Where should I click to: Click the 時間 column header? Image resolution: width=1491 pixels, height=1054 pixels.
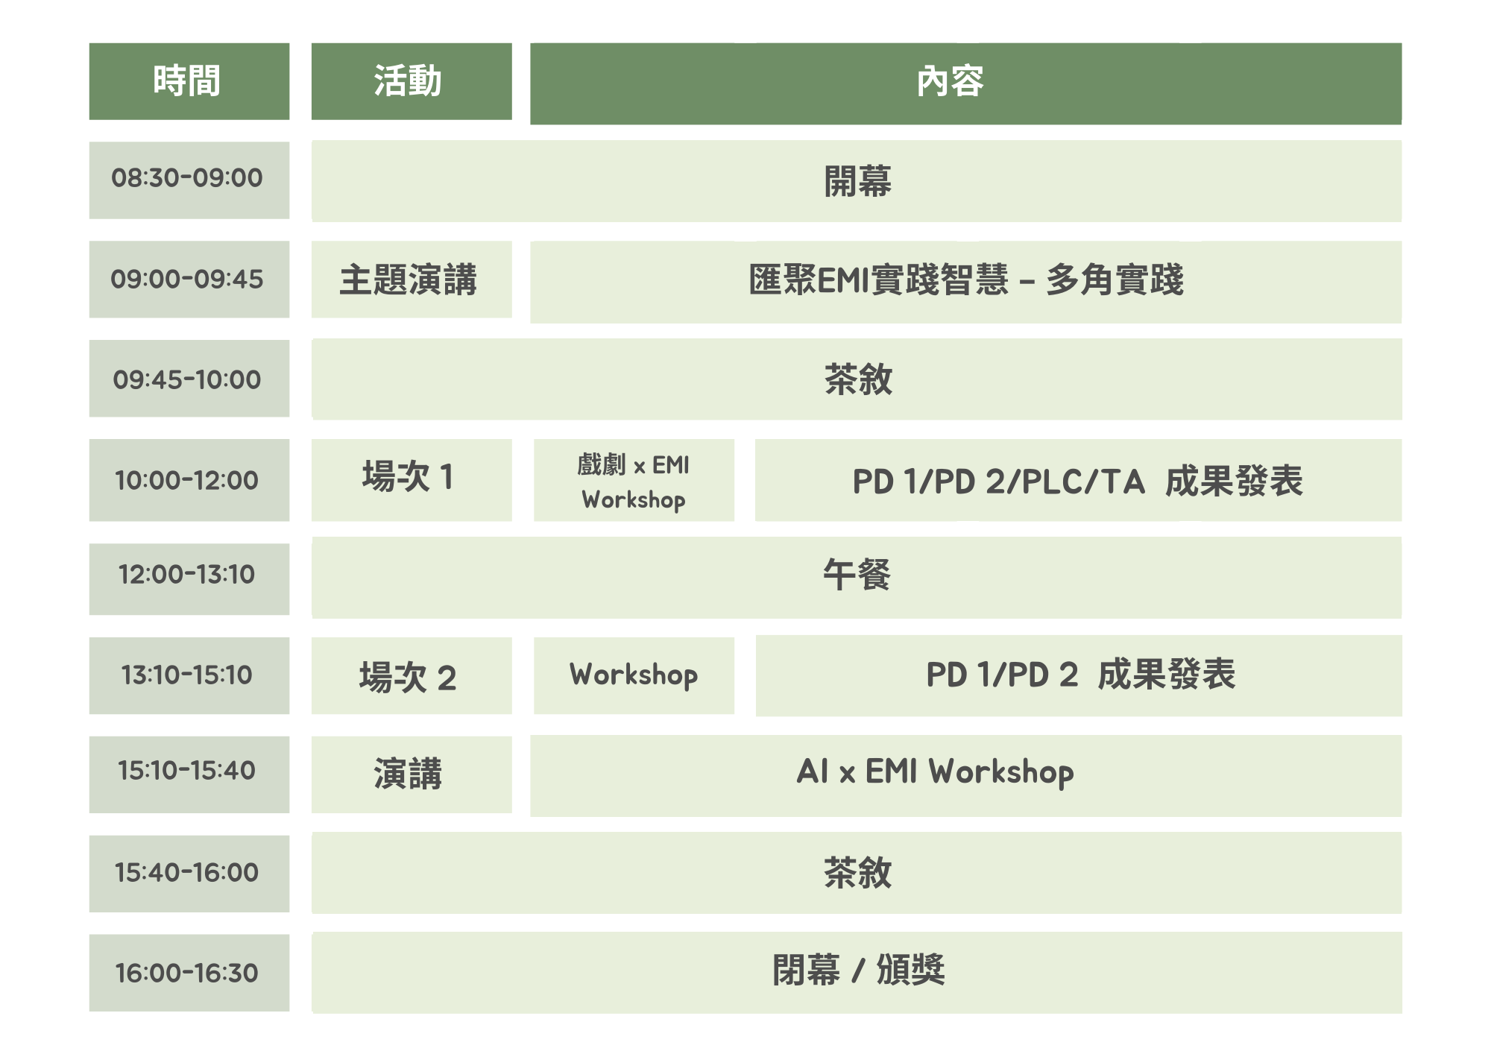(x=189, y=81)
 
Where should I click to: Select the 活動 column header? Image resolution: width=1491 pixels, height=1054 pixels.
(x=412, y=81)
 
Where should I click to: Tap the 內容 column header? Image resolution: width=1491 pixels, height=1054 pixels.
(x=965, y=83)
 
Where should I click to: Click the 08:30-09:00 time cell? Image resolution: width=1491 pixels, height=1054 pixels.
(x=189, y=180)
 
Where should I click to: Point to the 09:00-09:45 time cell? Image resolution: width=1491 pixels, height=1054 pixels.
(x=189, y=279)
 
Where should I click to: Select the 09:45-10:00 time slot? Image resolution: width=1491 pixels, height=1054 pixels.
(x=189, y=379)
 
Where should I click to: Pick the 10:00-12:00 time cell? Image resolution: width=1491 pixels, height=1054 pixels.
(x=189, y=480)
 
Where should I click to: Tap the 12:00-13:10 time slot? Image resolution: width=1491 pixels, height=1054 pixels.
(x=189, y=578)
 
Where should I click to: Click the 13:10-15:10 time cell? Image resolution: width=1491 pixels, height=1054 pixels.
(x=189, y=675)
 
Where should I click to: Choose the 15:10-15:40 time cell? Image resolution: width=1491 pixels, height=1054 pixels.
(x=189, y=774)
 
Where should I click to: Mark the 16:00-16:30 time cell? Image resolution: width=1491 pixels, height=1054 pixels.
(x=189, y=973)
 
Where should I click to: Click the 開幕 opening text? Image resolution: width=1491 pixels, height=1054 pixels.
(x=857, y=181)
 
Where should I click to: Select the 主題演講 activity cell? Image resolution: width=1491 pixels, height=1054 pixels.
(x=412, y=279)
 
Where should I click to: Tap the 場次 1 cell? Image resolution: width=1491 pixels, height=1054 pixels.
(x=412, y=480)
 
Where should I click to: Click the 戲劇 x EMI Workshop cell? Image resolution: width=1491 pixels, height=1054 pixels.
(x=634, y=480)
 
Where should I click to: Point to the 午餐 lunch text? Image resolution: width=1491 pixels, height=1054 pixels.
(x=857, y=575)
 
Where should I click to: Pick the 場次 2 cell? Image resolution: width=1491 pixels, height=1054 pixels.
(x=412, y=675)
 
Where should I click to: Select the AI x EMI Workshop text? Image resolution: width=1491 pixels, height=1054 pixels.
(x=936, y=772)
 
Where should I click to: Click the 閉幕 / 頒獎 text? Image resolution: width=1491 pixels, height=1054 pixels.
(x=859, y=971)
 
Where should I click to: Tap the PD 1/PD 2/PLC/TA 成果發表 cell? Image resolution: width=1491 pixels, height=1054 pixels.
(x=1078, y=480)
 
